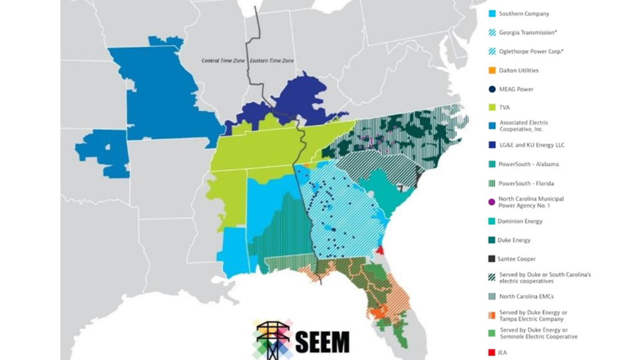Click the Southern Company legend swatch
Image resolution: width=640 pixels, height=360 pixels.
point(492,14)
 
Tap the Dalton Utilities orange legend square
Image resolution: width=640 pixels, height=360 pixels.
point(492,70)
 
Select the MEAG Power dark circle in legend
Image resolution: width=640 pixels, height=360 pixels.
point(492,89)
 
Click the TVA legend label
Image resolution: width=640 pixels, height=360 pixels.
point(504,107)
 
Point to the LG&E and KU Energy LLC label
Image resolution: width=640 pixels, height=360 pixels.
point(532,145)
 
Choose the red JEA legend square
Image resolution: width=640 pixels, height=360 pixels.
point(491,352)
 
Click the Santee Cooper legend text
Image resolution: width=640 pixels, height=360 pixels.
point(516,259)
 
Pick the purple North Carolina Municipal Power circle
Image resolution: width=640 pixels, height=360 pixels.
point(492,202)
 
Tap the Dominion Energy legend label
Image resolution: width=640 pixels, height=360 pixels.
point(520,221)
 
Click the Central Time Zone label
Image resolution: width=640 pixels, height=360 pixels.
point(223,61)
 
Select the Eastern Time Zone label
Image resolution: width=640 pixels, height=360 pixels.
point(272,61)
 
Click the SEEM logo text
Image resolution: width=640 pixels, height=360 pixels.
point(322,342)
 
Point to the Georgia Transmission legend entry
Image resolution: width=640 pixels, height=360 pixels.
point(528,32)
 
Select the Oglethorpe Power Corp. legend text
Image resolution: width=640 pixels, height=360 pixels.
point(531,51)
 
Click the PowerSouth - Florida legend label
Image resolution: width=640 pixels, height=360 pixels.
point(526,183)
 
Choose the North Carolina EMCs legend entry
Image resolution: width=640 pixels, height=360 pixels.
point(526,296)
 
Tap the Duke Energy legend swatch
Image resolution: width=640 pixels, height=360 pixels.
point(492,240)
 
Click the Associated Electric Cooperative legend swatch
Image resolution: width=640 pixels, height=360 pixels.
point(492,126)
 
